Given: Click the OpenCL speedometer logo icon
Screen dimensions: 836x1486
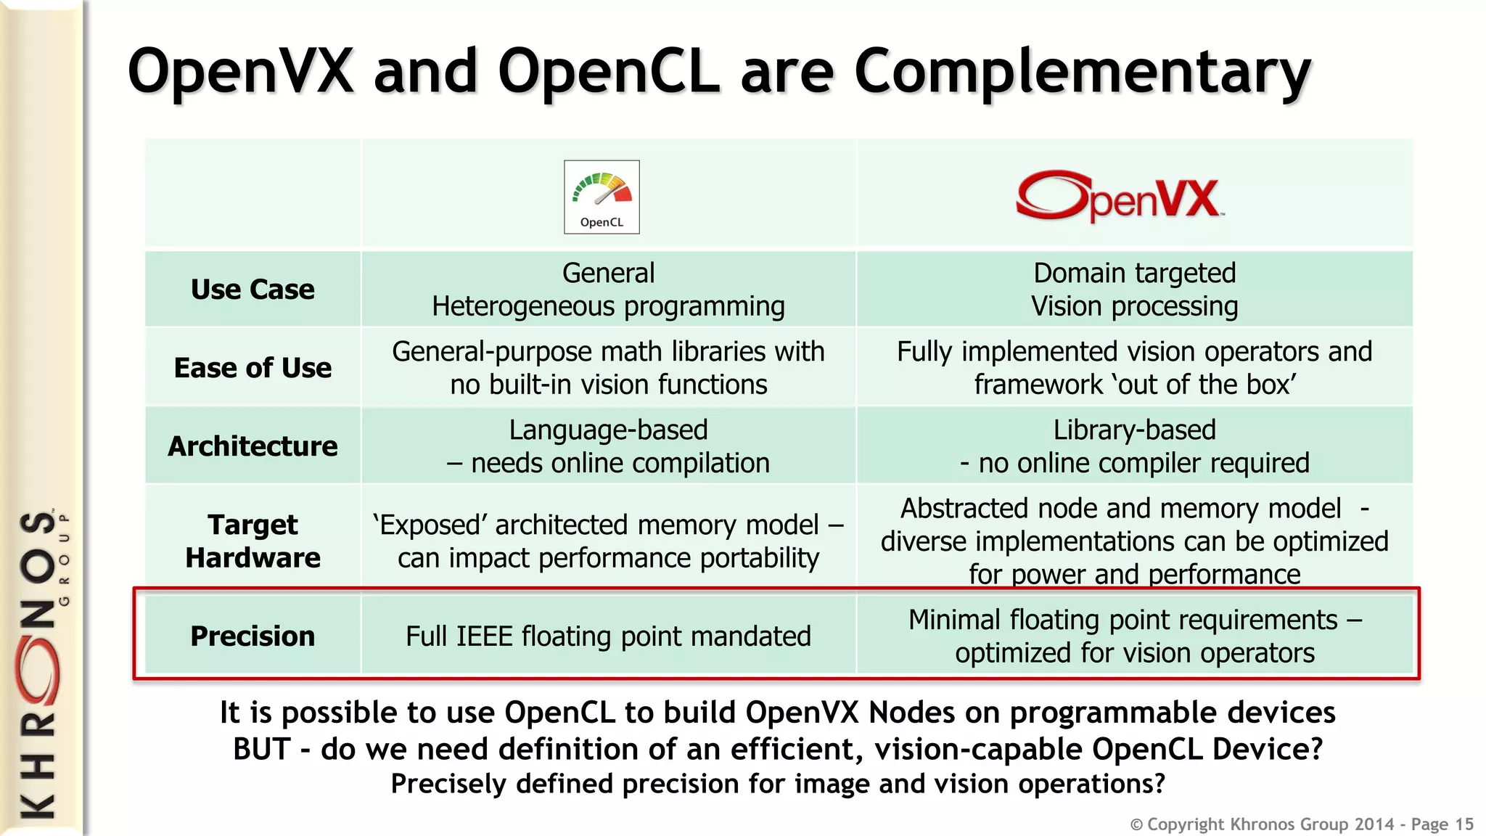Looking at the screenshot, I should click(602, 197).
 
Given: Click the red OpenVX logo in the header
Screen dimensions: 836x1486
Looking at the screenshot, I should click(1120, 196).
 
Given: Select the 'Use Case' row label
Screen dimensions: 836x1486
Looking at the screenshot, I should click(253, 290).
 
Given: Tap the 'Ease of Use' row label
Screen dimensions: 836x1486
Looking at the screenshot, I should click(253, 368).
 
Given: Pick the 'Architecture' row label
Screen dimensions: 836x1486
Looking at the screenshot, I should click(253, 446).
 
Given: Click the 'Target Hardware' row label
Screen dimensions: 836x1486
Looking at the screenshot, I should click(253, 541).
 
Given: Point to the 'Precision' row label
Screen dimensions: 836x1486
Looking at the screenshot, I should click(253, 636).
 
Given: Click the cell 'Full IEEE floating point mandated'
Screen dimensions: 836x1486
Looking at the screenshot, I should click(608, 636).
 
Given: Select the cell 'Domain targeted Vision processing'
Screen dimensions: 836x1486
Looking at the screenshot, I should click(1134, 290).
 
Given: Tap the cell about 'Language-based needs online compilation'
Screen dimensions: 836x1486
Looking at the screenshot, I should click(608, 446).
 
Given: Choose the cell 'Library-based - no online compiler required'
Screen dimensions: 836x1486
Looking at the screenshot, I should click(1134, 446).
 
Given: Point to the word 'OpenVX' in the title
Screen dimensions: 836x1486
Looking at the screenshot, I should click(240, 71).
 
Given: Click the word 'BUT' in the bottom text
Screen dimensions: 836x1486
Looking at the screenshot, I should click(261, 750).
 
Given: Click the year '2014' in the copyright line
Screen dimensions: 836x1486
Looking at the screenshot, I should click(1374, 824).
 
